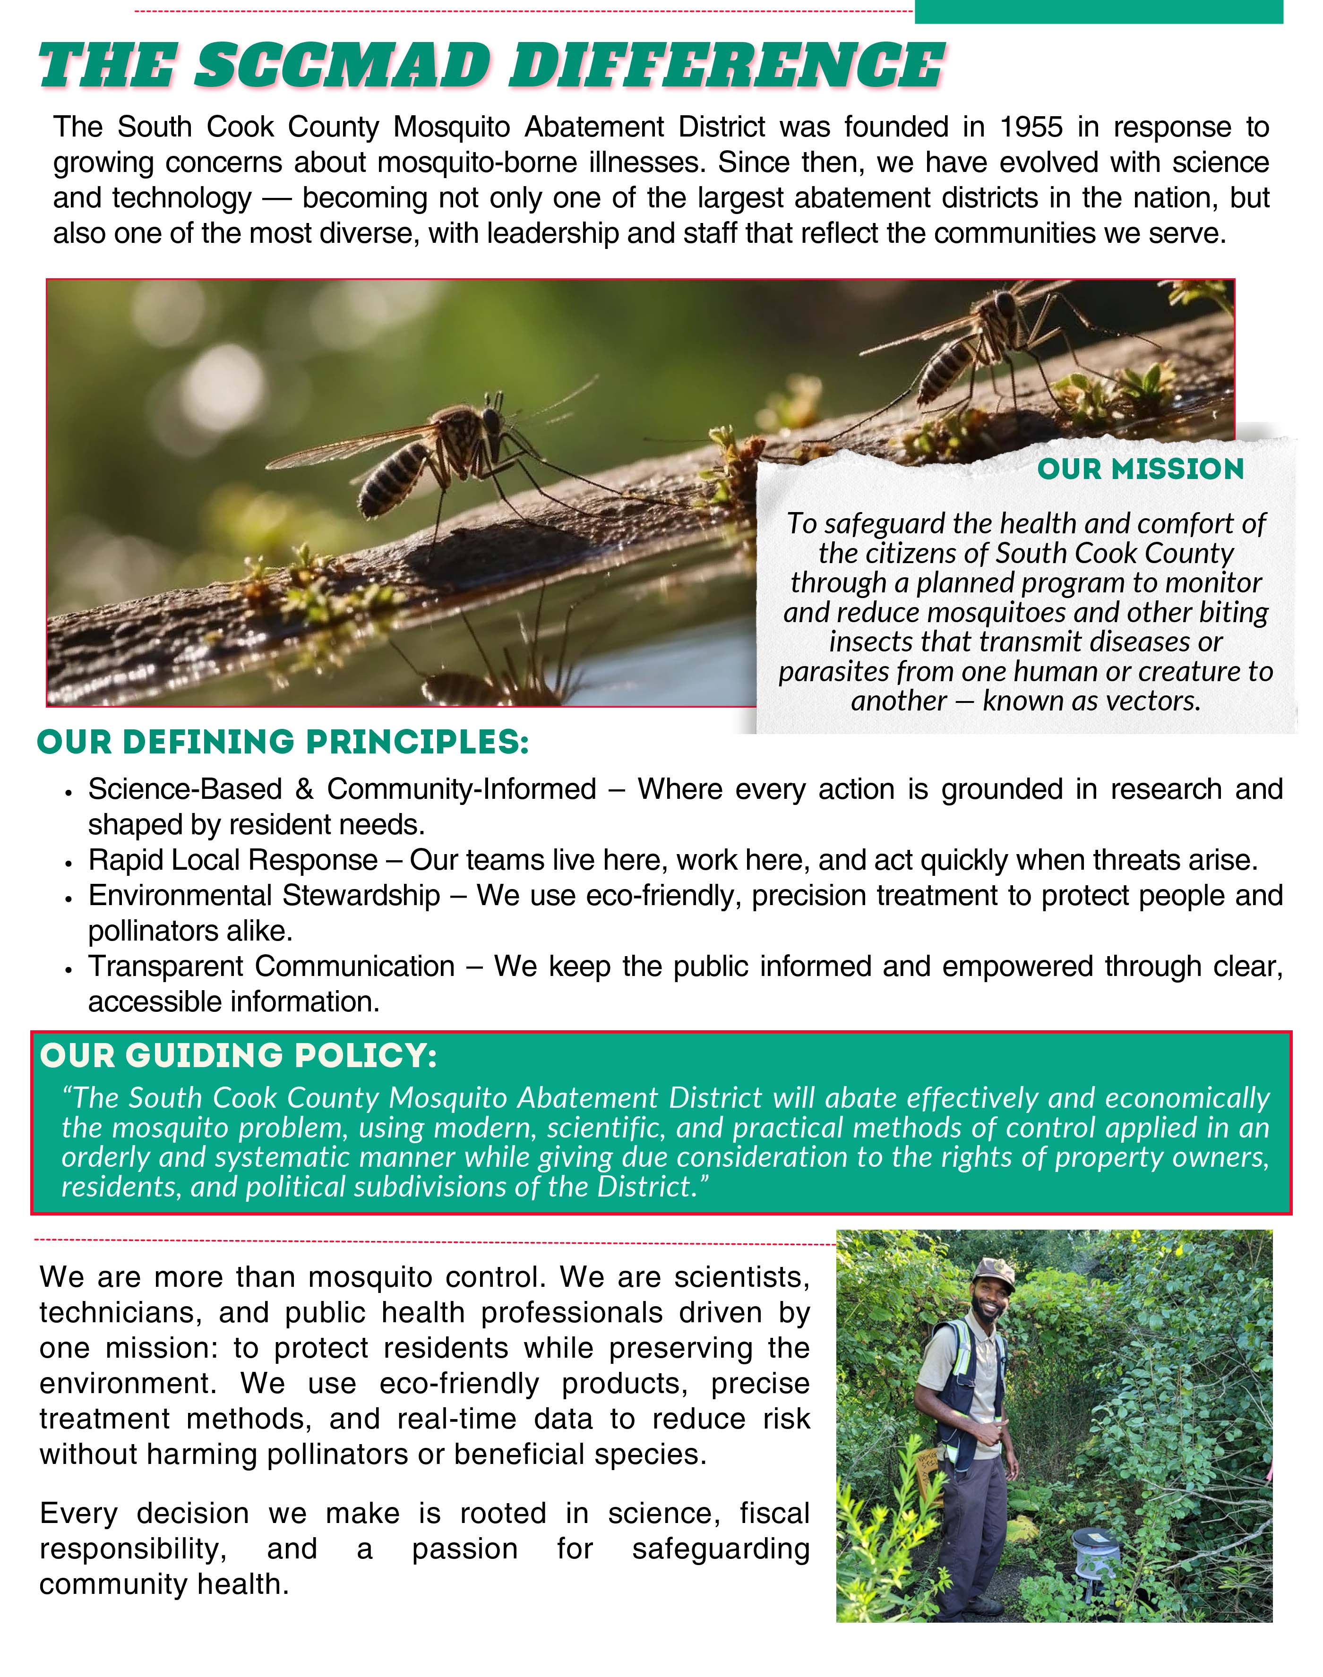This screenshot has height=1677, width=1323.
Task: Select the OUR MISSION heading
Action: click(x=1140, y=469)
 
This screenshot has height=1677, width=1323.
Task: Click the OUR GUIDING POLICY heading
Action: click(x=239, y=1056)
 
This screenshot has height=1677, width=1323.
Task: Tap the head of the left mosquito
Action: click(x=491, y=422)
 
